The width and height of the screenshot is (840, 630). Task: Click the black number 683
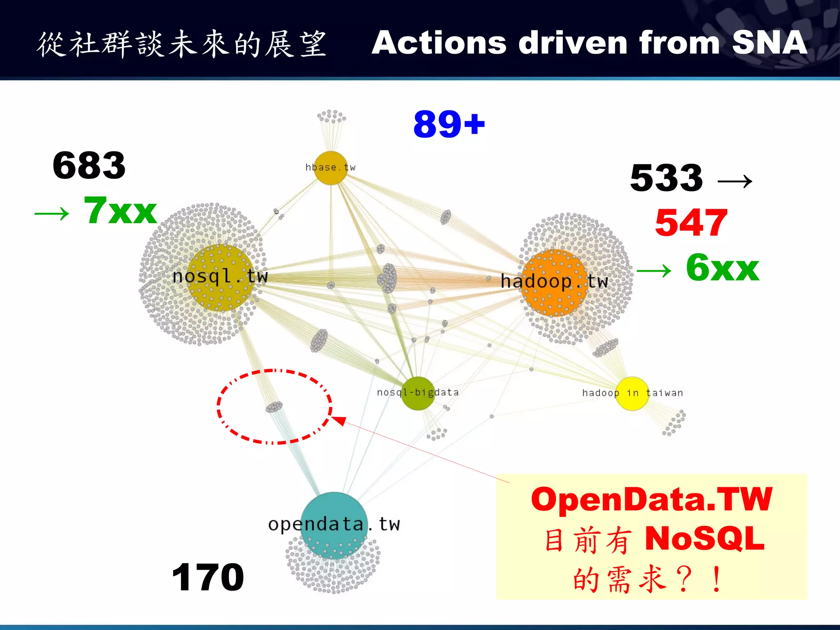[89, 166]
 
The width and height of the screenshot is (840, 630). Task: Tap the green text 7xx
[120, 211]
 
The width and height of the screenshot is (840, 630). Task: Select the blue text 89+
[449, 124]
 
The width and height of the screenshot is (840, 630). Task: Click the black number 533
[667, 178]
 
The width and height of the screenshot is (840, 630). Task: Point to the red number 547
[691, 223]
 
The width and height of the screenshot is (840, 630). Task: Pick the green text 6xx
[722, 267]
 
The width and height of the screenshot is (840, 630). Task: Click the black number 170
[208, 577]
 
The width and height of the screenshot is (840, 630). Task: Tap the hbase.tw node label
[330, 167]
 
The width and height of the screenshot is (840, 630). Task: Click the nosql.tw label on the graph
[220, 276]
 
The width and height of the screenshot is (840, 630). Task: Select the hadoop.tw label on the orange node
[554, 282]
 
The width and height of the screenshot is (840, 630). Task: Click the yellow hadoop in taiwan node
[632, 393]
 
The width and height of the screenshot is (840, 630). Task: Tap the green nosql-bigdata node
[418, 393]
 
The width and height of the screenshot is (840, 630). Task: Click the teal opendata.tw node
[334, 525]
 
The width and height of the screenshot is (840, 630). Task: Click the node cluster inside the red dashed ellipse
[274, 407]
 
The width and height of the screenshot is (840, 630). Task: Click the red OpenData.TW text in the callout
[651, 500]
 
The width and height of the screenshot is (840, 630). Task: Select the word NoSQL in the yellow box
[705, 539]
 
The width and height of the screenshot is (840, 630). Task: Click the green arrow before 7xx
[52, 214]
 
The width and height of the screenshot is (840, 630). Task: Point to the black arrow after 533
[735, 180]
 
